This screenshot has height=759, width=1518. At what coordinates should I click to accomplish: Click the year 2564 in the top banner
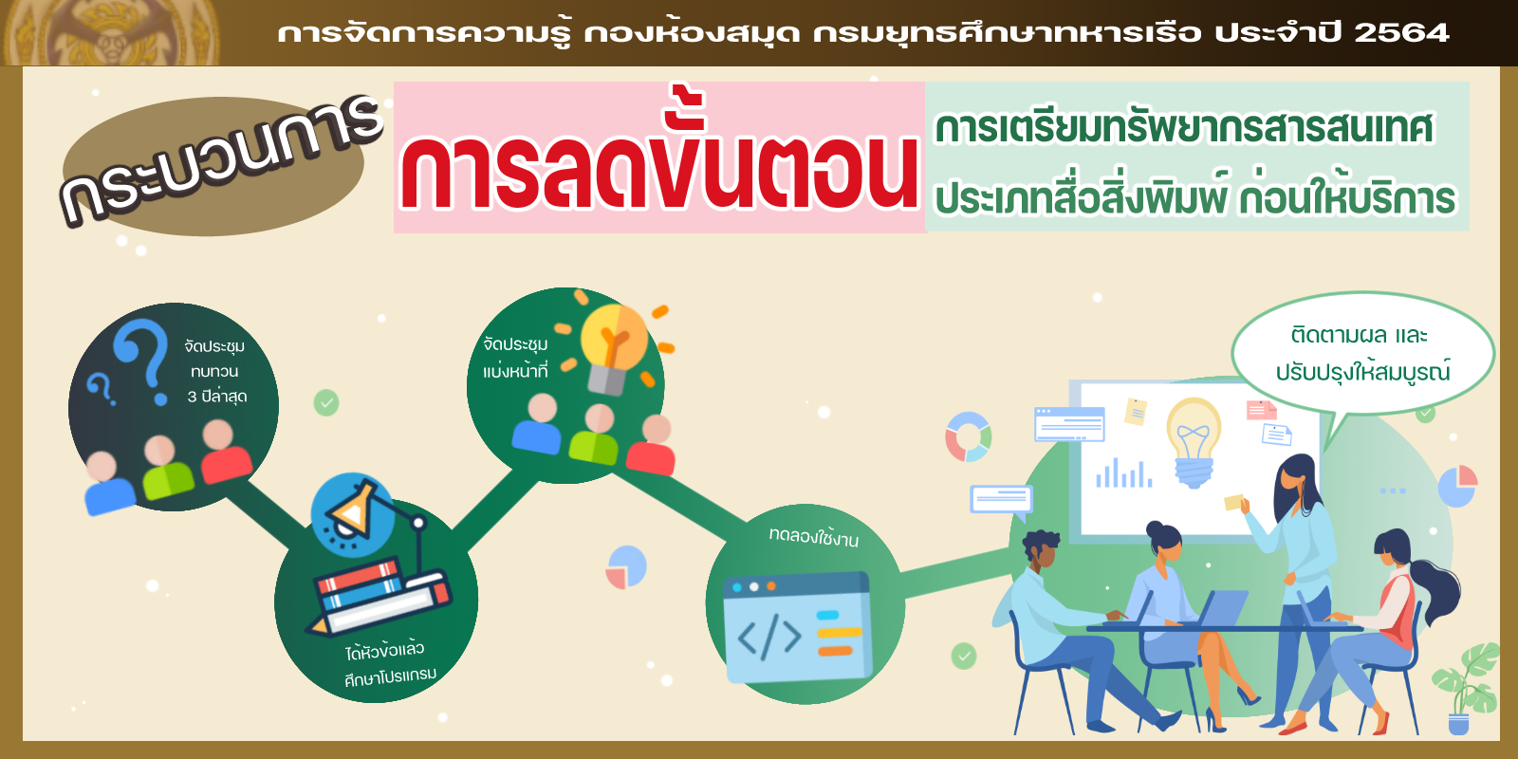pyautogui.click(x=1401, y=32)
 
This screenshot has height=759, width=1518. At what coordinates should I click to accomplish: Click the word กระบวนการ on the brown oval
pyautogui.click(x=221, y=159)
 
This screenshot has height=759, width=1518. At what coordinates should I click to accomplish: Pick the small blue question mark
pyautogui.click(x=101, y=389)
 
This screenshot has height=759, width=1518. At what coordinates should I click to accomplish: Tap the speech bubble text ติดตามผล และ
pyautogui.click(x=1360, y=336)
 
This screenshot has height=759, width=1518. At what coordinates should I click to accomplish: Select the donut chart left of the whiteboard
pyautogui.click(x=969, y=437)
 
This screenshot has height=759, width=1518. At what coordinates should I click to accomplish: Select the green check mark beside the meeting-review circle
pyautogui.click(x=326, y=402)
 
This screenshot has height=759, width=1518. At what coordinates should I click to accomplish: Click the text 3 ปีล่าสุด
pyautogui.click(x=217, y=397)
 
